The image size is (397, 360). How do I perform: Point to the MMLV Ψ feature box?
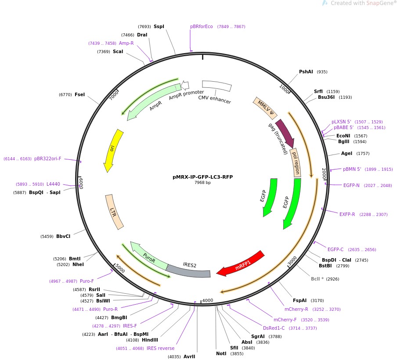265,108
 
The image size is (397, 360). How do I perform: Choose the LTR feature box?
114,212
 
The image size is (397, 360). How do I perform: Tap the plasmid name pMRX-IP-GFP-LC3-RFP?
202,177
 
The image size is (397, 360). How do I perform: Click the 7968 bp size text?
202,183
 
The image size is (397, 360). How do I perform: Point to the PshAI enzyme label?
306,72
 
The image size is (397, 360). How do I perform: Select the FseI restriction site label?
79,94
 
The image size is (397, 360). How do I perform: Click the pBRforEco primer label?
202,26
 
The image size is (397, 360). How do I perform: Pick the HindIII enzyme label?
150,340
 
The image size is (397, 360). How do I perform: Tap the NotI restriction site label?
221,353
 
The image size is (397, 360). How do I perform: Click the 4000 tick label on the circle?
207,301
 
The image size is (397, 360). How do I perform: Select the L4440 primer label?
53,184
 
